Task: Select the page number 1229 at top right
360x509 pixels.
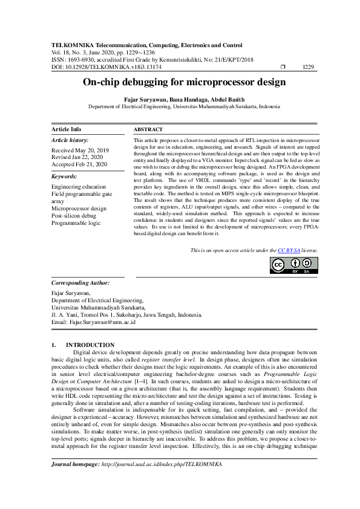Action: [x=308, y=66]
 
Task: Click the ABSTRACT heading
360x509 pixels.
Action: [x=148, y=129]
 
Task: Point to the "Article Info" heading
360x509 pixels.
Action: [x=67, y=129]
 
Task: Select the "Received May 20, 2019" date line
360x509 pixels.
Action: [x=80, y=150]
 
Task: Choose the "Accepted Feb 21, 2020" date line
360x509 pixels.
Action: [x=79, y=164]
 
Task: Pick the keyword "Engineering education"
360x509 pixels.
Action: [x=79, y=187]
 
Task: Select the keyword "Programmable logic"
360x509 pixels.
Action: [x=76, y=222]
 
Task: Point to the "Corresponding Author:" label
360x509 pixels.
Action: [x=80, y=282]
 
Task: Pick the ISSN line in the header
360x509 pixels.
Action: [x=152, y=59]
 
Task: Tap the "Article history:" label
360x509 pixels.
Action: [x=70, y=140]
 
